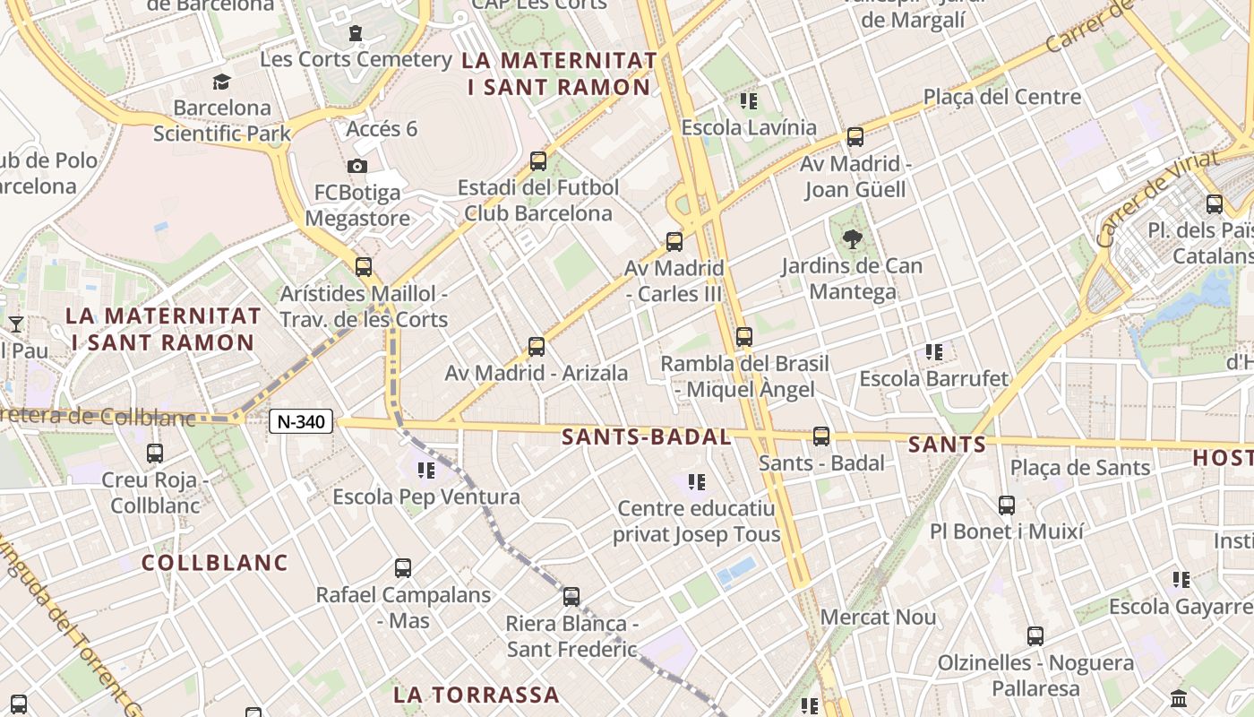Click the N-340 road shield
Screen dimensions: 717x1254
coord(301,421)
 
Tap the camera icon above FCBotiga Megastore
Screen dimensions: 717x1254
coord(356,167)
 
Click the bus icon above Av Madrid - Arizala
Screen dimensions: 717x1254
coord(537,346)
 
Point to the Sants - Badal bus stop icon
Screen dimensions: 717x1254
coord(821,436)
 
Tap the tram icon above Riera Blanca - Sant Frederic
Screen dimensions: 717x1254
coord(571,596)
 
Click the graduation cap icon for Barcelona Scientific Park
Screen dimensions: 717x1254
coord(221,82)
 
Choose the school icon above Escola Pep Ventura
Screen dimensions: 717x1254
coord(426,470)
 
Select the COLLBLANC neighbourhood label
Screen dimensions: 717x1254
coord(215,563)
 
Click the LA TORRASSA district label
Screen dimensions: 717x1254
coord(477,695)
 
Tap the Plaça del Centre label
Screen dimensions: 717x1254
coord(1002,97)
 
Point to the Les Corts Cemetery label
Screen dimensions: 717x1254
coord(356,59)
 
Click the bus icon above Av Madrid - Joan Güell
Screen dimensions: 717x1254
coord(855,137)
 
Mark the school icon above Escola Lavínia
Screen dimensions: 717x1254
coord(749,100)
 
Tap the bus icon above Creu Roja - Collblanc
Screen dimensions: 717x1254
coord(155,454)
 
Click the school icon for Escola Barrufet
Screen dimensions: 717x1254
coord(934,352)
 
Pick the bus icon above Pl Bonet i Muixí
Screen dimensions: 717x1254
coord(1007,505)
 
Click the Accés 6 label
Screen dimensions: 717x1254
coord(382,128)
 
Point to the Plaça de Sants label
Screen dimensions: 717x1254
coord(1080,467)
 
